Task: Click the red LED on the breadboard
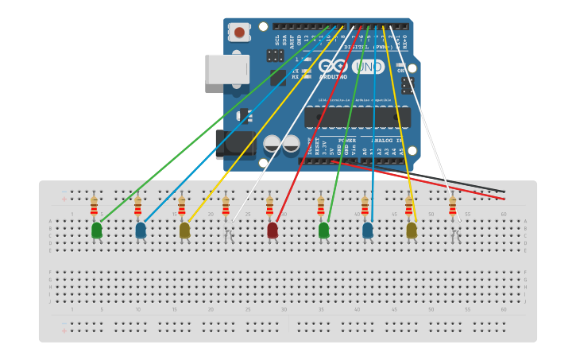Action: [x=273, y=230]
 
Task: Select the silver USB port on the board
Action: [x=227, y=69]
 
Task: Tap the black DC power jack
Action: [x=235, y=144]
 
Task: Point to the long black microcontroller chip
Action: [x=358, y=118]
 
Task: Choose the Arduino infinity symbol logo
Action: [x=332, y=67]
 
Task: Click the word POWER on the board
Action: [x=347, y=140]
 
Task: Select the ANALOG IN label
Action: [x=387, y=140]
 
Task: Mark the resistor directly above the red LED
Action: [x=269, y=207]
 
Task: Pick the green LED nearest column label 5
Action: [x=97, y=230]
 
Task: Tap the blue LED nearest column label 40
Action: [x=368, y=230]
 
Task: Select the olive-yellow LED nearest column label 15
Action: [x=184, y=230]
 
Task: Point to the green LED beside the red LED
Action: [x=323, y=230]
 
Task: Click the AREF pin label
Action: [x=292, y=39]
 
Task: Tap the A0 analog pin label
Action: [x=365, y=150]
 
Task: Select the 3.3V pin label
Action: [x=325, y=149]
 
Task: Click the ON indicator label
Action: [x=401, y=70]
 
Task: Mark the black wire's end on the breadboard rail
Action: [x=504, y=192]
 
